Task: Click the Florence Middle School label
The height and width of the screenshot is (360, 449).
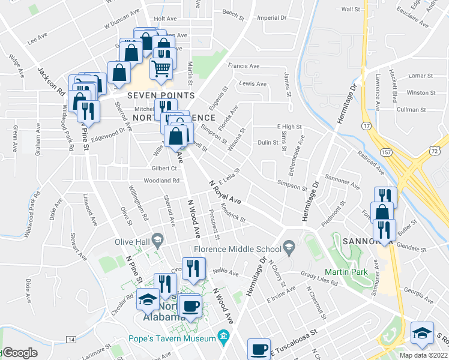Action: (237, 249)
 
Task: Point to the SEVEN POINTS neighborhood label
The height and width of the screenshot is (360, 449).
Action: (160, 95)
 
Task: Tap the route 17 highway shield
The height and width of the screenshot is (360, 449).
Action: (365, 125)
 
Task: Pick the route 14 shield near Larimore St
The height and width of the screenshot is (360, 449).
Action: (71, 340)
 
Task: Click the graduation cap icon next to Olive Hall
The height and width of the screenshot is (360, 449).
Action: (158, 241)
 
